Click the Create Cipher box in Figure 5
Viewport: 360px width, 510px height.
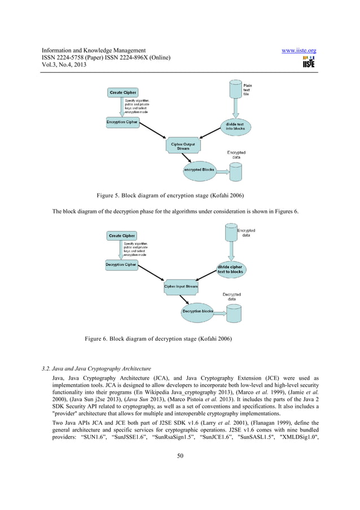click(x=124, y=93)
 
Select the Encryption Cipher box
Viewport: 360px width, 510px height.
click(x=121, y=121)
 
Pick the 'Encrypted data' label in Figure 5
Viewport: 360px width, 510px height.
click(x=236, y=155)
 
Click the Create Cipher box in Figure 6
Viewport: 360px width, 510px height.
click(x=122, y=236)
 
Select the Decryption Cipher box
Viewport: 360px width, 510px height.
click(x=121, y=264)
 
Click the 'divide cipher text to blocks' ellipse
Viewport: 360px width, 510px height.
click(x=230, y=269)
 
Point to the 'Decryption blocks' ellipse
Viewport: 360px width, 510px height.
click(x=197, y=311)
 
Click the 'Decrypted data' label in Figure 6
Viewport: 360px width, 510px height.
click(x=232, y=296)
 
